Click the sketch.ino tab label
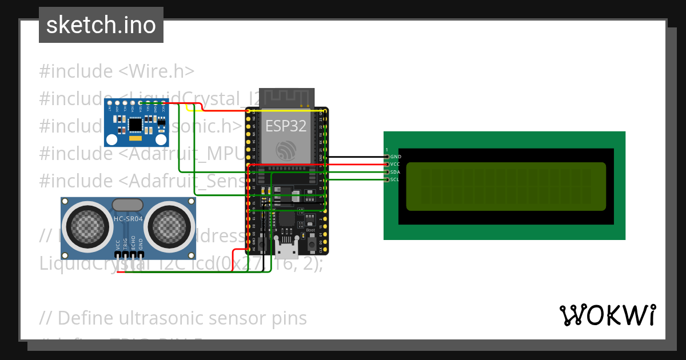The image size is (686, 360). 101,25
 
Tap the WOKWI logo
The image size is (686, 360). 607,315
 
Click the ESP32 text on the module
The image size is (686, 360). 285,126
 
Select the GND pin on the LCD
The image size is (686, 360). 388,157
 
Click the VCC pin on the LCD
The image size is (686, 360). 388,164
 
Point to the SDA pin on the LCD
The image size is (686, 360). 388,172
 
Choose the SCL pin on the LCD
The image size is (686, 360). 388,180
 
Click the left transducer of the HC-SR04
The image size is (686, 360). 87,225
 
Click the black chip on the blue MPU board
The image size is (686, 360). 136,124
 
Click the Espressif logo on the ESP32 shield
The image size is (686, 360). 285,150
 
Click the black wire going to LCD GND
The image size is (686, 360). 354,157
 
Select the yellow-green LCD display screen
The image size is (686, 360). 505,186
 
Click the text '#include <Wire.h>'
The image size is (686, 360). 117,71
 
